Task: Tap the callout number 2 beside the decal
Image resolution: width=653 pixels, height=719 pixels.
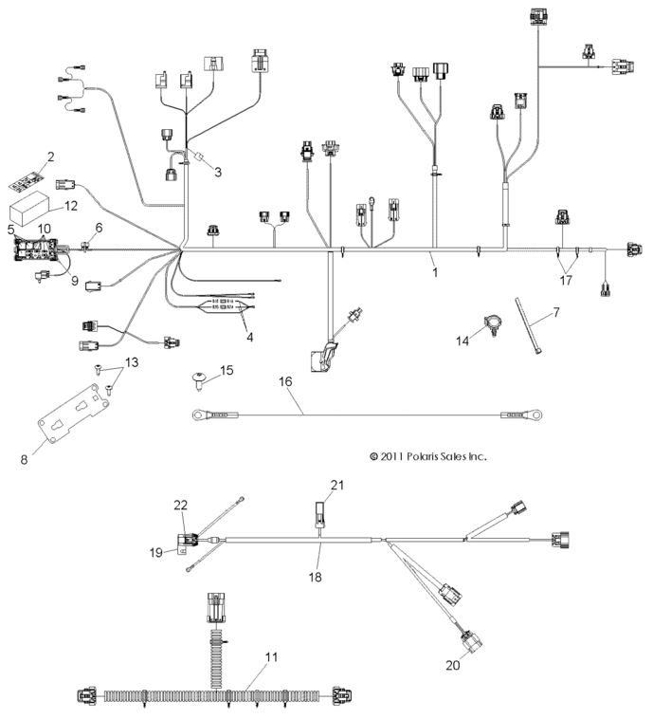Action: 50,157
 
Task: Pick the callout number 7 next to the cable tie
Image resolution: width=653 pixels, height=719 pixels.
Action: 556,310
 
